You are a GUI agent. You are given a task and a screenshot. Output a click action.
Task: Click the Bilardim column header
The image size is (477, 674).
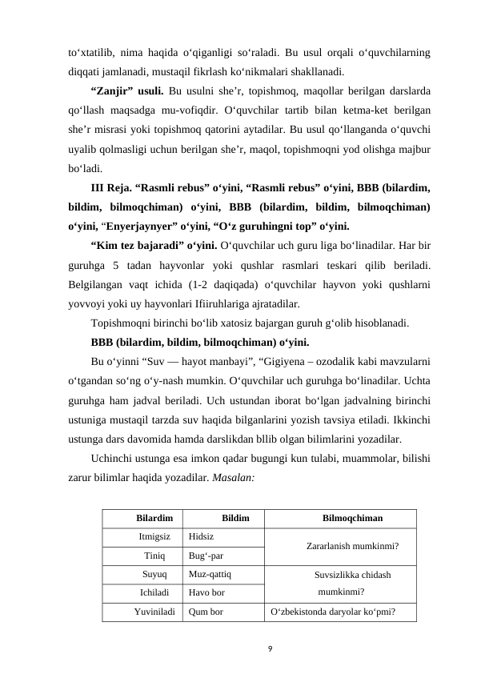154,518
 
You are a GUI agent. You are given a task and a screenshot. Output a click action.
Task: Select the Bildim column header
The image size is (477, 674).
235,518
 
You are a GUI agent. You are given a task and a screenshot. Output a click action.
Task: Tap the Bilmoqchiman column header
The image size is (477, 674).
351,518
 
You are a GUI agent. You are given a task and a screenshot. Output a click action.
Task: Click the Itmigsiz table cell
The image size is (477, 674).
154,536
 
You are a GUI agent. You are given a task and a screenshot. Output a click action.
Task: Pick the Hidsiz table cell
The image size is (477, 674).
202,536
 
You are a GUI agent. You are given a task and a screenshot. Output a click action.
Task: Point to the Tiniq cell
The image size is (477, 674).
154,555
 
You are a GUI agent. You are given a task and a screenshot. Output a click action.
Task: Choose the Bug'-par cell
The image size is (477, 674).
206,555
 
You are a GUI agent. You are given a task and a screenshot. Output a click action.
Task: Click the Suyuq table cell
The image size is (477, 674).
154,574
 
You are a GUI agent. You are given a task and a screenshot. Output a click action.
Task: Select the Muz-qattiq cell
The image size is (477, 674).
210,574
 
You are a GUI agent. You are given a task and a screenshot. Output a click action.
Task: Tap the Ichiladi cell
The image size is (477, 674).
154,593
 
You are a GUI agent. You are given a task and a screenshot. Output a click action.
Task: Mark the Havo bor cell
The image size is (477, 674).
207,593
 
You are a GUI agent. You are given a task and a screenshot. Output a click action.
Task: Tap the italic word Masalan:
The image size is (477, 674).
232,475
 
